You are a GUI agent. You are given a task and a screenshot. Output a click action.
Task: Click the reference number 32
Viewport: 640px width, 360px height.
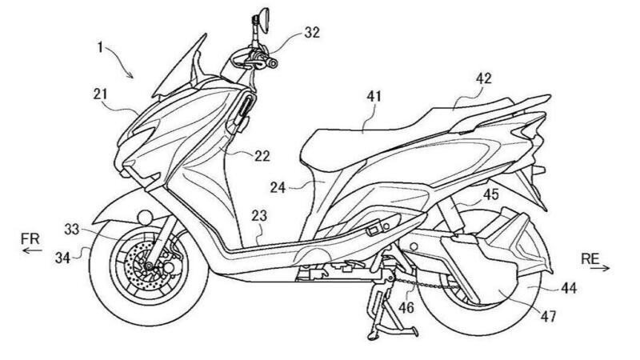(x=311, y=34)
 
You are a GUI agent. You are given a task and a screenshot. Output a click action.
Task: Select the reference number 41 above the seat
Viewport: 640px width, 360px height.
(x=374, y=96)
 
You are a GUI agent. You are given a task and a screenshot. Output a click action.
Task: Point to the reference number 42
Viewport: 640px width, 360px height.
(x=482, y=78)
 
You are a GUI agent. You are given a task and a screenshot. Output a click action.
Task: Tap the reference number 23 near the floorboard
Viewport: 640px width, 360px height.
(x=261, y=215)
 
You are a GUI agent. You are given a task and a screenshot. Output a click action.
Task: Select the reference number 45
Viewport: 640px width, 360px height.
(x=490, y=193)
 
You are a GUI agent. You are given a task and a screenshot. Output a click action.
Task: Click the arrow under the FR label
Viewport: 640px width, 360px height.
(x=32, y=251)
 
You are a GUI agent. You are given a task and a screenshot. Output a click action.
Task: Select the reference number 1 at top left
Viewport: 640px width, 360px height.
(x=99, y=47)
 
